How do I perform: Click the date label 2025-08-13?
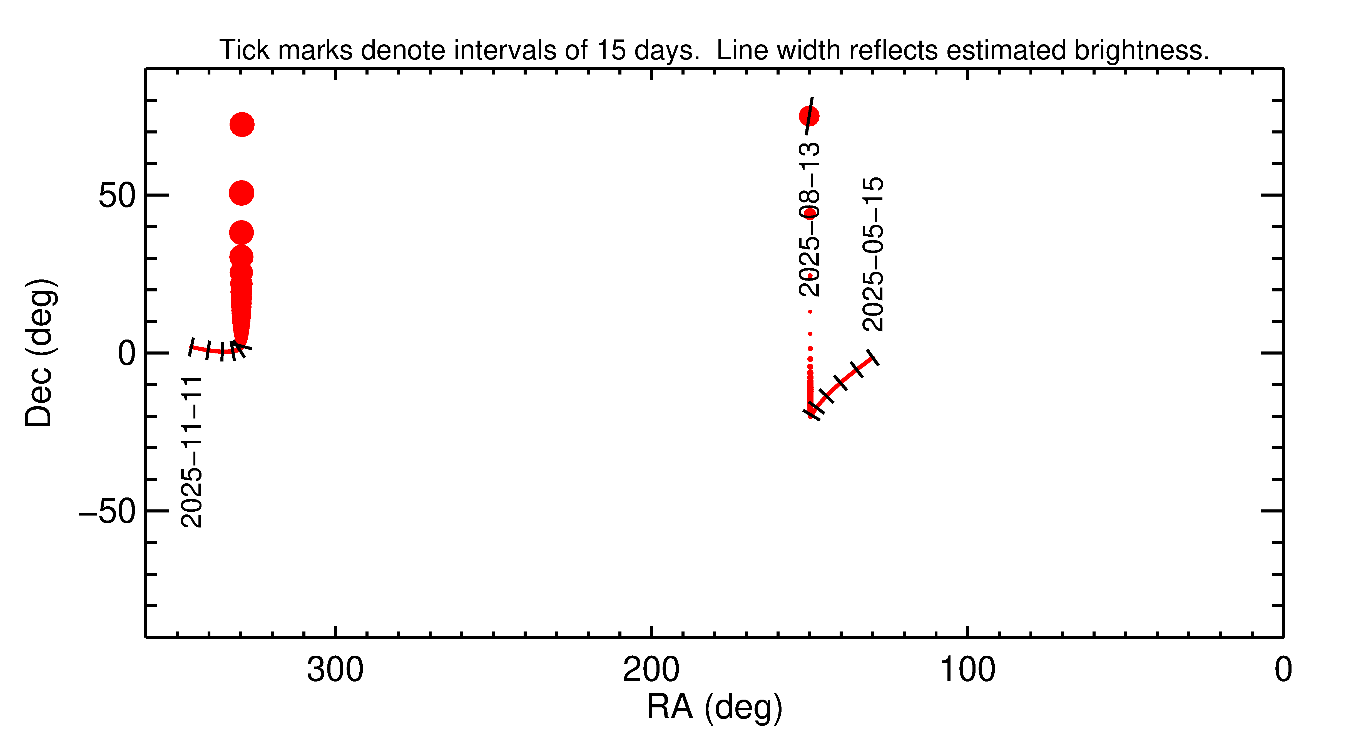[809, 219]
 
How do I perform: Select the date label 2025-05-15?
[873, 254]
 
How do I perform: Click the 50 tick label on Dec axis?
[117, 196]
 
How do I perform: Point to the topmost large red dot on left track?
[242, 124]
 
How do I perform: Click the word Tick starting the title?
[245, 50]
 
